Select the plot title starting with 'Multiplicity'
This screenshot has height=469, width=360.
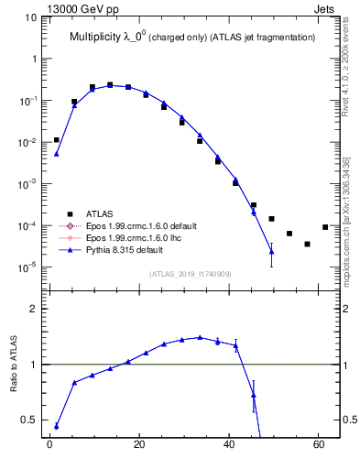coord(193,37)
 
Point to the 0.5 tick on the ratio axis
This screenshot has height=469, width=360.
coord(28,420)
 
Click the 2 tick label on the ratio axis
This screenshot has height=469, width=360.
coord(32,309)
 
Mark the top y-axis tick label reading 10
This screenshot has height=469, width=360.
coord(28,16)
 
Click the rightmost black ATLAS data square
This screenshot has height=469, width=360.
coord(325,227)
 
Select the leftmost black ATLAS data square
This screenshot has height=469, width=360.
coord(56,140)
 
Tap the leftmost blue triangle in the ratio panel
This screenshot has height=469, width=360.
coord(56,426)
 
